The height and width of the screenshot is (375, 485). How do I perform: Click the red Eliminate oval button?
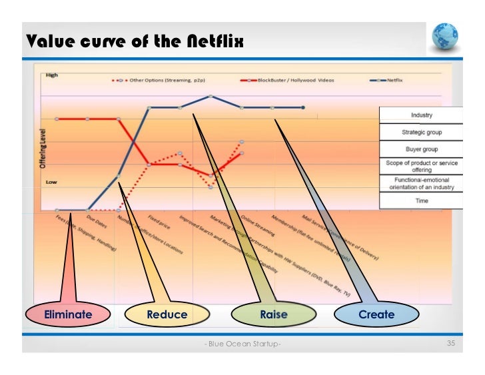[67, 314]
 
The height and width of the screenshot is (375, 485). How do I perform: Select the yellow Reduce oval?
[167, 314]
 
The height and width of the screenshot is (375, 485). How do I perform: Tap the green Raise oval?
[273, 314]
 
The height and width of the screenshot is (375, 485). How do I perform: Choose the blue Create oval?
[376, 314]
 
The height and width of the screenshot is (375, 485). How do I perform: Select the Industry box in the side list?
[421, 115]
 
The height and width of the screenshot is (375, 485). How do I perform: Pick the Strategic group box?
[421, 132]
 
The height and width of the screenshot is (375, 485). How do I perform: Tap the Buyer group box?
[421, 149]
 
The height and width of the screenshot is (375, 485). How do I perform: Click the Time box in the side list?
[421, 200]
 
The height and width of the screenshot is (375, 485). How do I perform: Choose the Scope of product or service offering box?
[421, 166]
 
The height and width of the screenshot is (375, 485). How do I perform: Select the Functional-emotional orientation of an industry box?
[421, 183]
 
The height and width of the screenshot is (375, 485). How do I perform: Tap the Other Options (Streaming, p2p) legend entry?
[160, 80]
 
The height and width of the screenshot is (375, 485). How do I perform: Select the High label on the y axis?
[51, 75]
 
